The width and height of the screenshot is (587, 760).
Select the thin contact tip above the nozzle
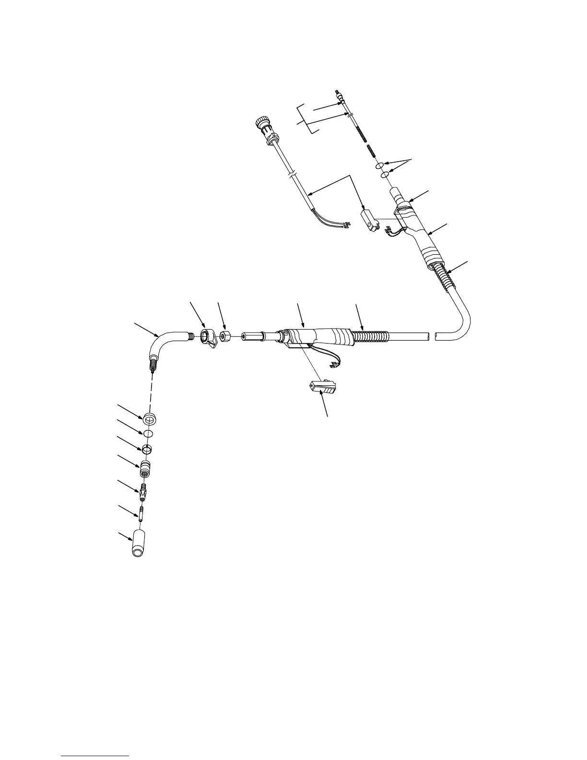(142, 513)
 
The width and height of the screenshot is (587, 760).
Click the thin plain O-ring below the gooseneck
(148, 433)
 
